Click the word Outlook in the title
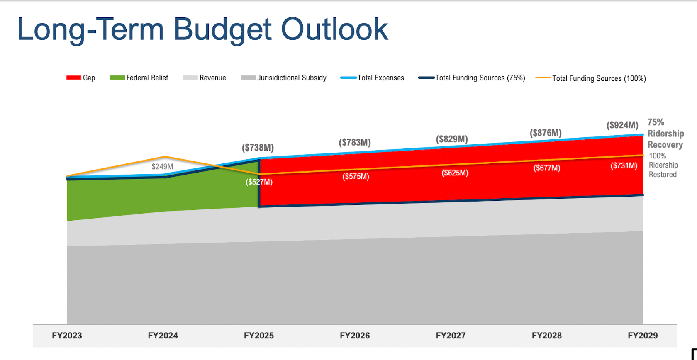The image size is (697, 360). [x=334, y=29]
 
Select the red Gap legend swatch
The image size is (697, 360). [x=74, y=78]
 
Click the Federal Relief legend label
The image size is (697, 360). [x=147, y=78]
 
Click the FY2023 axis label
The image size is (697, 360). [x=67, y=336]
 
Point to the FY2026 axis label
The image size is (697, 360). [x=355, y=336]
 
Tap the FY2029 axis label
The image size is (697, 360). [x=643, y=336]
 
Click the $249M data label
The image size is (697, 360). [x=162, y=167]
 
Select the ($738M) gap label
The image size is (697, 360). [x=258, y=148]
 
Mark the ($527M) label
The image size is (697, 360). [x=259, y=182]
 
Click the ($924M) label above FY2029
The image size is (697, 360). [x=622, y=125]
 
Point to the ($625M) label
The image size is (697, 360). [x=455, y=173]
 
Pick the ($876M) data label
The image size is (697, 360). [x=546, y=133]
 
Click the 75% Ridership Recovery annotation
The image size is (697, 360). [x=665, y=134]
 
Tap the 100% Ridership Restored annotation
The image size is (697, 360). [x=663, y=165]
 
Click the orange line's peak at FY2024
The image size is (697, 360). [x=165, y=157]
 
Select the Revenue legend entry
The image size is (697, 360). [x=212, y=78]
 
